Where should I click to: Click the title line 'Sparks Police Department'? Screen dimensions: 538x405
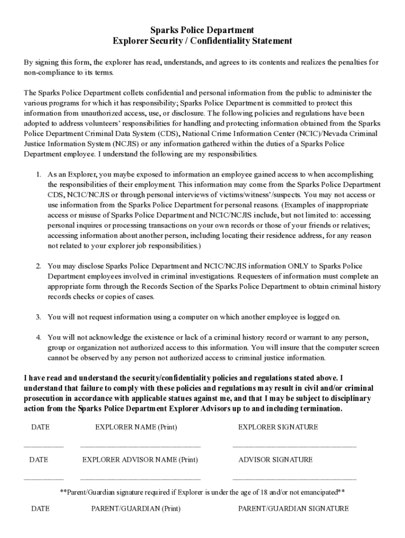pos(202,30)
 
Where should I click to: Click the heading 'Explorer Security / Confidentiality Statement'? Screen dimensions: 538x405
pos(202,41)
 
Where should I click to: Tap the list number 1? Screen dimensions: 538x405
pos(38,174)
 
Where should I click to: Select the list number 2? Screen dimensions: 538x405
pos(38,266)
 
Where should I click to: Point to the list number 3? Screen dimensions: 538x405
pos(38,317)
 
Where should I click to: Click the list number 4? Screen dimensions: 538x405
pos(38,337)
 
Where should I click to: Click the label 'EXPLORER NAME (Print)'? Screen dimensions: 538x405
pos(136,427)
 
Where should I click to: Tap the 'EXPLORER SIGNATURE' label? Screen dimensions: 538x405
pos(278,427)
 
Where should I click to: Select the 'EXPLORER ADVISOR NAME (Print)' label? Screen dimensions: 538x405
pos(140,460)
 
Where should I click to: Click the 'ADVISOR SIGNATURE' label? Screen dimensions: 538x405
pos(275,460)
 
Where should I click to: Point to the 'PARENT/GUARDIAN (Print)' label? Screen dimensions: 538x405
pos(136,509)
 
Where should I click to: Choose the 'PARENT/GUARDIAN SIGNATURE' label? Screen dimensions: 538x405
pos(293,509)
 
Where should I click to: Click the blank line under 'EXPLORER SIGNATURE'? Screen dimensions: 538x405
pos(294,447)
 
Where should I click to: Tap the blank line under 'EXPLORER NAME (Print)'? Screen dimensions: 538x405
pos(140,447)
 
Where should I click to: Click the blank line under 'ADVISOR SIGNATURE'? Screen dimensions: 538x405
pos(294,479)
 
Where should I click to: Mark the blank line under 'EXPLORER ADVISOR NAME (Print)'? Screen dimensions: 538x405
pos(140,479)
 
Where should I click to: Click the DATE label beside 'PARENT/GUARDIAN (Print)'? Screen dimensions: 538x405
pos(40,509)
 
